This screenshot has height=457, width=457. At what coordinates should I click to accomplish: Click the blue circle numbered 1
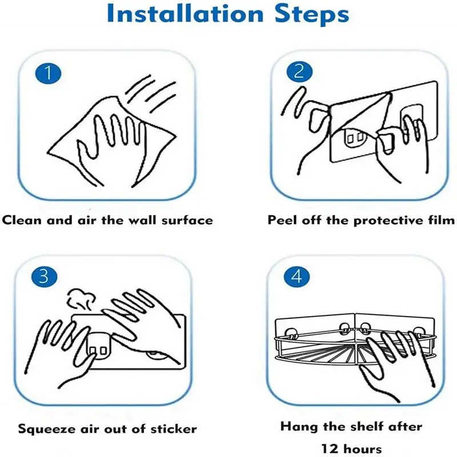(x=49, y=73)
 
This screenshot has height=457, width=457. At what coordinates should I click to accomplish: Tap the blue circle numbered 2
(x=299, y=71)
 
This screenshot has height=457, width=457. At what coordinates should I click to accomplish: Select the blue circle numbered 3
(x=45, y=276)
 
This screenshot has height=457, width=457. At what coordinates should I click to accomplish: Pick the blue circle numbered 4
(x=296, y=276)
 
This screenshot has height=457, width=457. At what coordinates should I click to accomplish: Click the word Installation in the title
(x=185, y=14)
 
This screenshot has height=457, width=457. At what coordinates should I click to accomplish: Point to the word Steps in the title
(x=312, y=15)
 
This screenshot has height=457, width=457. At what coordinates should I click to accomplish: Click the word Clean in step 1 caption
(x=22, y=220)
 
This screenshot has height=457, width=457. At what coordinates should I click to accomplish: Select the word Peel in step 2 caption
(x=282, y=220)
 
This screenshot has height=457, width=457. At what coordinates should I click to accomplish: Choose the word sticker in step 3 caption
(x=174, y=429)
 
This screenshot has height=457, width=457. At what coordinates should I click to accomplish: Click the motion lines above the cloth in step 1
(x=151, y=93)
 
